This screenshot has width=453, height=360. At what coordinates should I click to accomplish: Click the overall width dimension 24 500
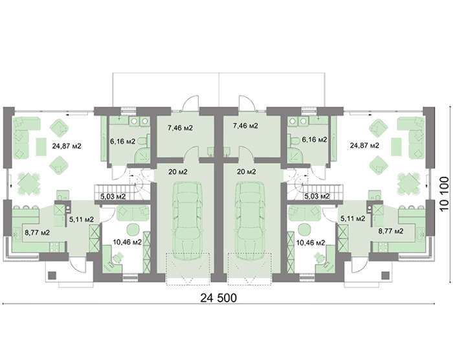219,298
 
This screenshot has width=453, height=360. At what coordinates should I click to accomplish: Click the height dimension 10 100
445,195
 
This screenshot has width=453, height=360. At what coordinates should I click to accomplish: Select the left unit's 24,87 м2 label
67,146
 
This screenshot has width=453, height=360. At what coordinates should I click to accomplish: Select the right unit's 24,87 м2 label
364,145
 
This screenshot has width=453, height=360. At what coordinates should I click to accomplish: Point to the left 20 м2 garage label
178,172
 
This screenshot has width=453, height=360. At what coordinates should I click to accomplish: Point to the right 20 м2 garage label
246,172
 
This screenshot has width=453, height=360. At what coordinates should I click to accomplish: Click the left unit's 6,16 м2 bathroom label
122,141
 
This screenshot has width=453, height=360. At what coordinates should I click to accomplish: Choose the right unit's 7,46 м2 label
245,126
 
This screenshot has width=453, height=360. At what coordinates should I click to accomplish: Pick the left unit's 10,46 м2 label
127,242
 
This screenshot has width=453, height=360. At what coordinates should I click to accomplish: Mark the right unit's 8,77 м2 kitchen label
391,231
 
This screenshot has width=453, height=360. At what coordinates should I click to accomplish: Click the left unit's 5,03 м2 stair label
113,197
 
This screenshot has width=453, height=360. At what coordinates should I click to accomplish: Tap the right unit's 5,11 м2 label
353,218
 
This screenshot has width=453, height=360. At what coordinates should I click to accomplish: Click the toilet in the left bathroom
143,141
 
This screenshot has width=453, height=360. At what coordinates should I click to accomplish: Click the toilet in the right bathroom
294,141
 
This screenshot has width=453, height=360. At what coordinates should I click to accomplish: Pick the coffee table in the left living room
41,146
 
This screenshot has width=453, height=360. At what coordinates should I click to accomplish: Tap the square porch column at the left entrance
52,275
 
